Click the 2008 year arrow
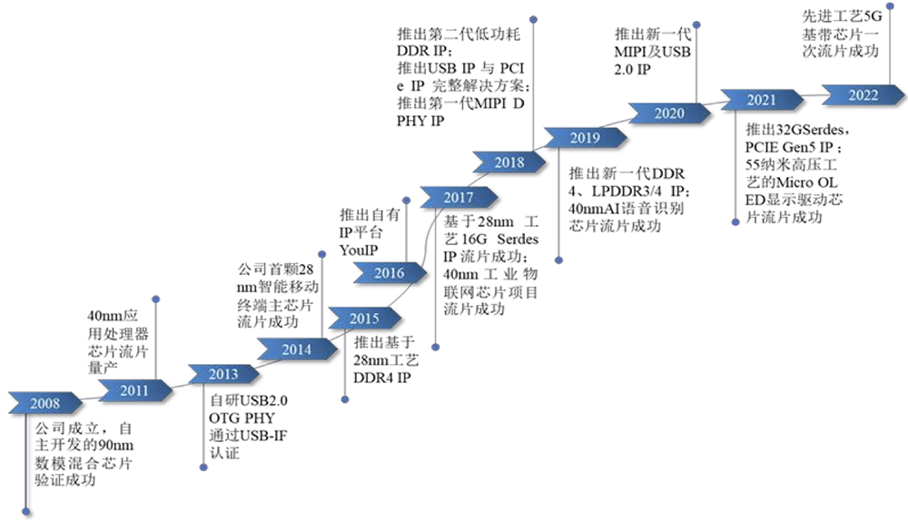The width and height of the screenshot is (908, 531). pos(45,403)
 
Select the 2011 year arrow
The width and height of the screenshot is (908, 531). pos(135,390)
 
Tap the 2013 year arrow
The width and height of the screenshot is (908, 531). pos(223,374)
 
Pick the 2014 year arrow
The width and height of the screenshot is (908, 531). pos(297,349)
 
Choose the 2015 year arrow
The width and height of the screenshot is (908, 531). pos(364,319)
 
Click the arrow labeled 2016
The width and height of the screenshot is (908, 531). pos(390,272)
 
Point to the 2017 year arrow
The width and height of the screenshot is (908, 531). pos(459,198)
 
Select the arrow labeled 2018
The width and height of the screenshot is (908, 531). pos(509,162)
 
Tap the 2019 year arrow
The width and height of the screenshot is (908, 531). pos(585,138)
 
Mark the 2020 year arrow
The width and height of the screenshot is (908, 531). pos(669,113)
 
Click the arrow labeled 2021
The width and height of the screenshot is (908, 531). pos(762,100)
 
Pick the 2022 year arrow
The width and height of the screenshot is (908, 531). pos(863,95)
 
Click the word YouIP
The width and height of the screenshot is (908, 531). pos(359,251)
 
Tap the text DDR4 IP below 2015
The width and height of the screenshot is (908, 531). pos(382,378)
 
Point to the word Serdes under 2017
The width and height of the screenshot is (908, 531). pos(518,239)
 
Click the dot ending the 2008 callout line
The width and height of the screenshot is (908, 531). pos(26,511)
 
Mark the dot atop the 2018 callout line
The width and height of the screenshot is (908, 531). pos(533,20)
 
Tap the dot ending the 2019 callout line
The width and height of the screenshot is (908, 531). pos(558,261)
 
